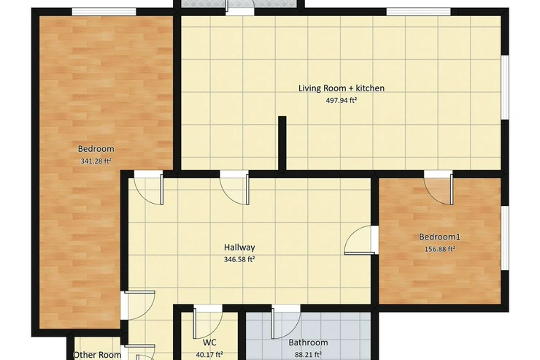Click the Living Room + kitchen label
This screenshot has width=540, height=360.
click(342, 88)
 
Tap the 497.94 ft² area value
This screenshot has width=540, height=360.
click(342, 101)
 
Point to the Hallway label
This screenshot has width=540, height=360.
click(239, 247)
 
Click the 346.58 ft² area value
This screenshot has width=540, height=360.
click(239, 259)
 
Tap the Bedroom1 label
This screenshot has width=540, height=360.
click(440, 237)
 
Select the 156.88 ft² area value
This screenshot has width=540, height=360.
click(440, 249)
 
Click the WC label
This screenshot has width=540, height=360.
click(209, 342)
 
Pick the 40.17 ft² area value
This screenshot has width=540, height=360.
click(209, 354)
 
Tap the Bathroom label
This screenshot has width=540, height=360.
click(308, 342)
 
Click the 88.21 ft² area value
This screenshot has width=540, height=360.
click(308, 354)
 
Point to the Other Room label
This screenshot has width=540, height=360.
click(97, 355)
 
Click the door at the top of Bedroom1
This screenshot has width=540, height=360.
click(438, 188)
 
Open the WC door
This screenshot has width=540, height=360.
click(208, 322)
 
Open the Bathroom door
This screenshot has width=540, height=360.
click(286, 322)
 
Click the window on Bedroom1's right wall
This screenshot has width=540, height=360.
click(505, 238)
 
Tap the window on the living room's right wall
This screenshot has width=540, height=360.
click(505, 88)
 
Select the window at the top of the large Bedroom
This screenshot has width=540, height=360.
click(104, 12)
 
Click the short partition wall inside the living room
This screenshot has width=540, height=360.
click(282, 143)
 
